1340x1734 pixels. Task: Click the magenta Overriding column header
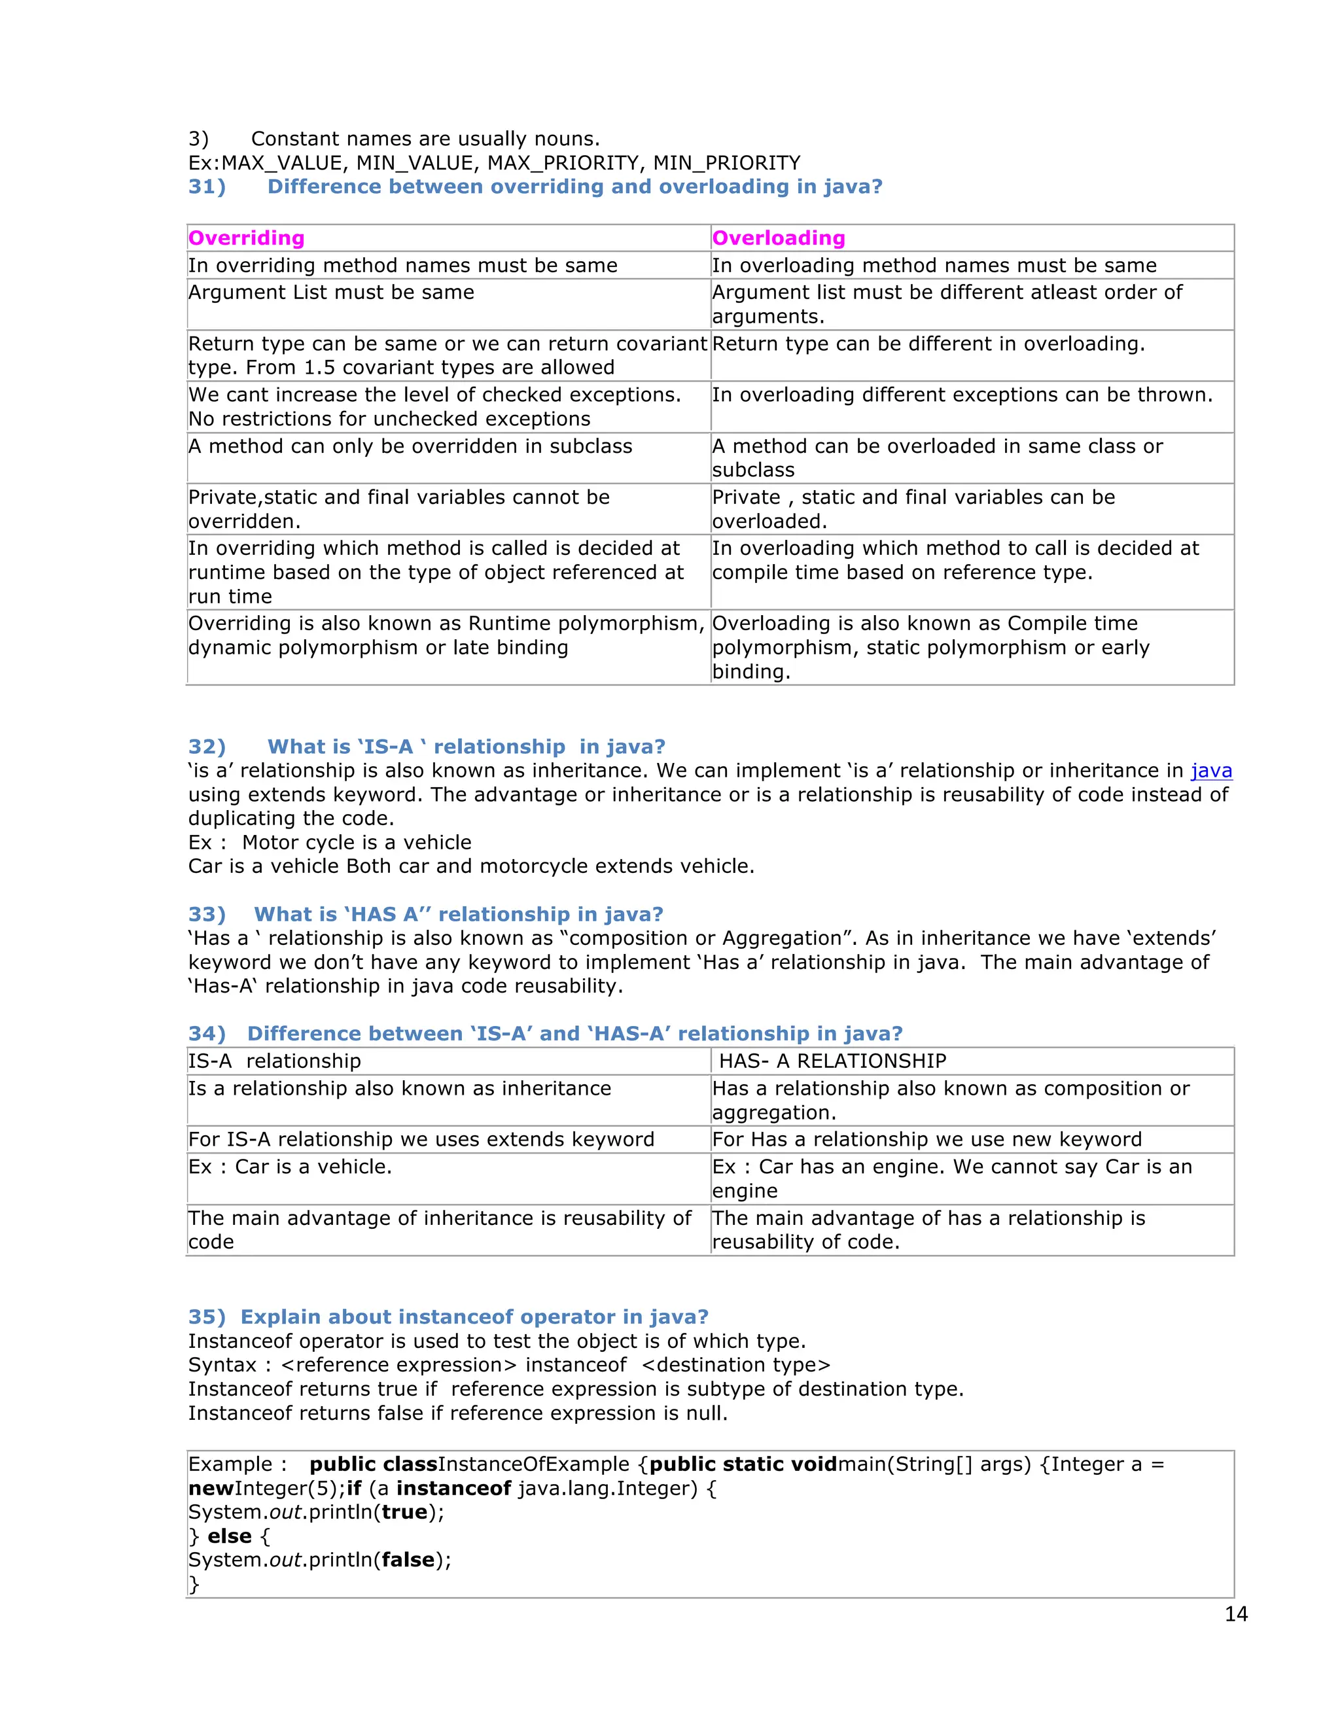click(x=246, y=238)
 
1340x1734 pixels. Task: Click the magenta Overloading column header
click(x=778, y=238)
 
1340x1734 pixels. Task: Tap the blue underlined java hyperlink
click(x=1210, y=771)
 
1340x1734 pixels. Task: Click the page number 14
click(x=1236, y=1614)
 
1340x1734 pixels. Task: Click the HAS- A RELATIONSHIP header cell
click(x=832, y=1061)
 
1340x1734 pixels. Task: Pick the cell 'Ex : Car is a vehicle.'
click(x=290, y=1167)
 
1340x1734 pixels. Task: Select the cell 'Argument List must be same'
click(x=331, y=293)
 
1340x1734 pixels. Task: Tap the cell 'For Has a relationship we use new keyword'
click(x=926, y=1140)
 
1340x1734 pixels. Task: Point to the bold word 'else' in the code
click(x=230, y=1536)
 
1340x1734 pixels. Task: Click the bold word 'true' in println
click(x=404, y=1512)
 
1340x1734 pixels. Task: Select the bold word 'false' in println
click(x=408, y=1560)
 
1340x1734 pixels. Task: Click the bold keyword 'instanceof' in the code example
click(x=453, y=1489)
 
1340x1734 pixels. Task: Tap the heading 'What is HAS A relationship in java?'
click(x=458, y=915)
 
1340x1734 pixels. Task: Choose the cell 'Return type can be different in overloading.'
click(x=928, y=345)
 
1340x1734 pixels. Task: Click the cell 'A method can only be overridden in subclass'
click(x=410, y=447)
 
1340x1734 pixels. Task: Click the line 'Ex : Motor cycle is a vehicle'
click(x=330, y=842)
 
